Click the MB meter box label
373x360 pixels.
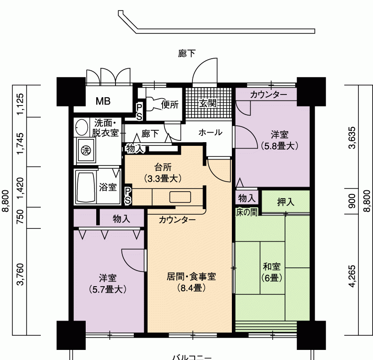tap(103, 101)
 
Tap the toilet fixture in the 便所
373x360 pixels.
tap(154, 104)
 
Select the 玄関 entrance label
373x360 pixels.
tap(208, 103)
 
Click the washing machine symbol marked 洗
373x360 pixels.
tap(86, 150)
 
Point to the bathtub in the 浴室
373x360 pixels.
tap(86, 187)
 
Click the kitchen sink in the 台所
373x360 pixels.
tap(180, 197)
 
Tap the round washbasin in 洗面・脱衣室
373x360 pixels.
tap(82, 127)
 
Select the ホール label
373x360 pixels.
tap(210, 133)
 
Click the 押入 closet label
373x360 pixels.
tap(285, 202)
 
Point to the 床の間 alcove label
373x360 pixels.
tap(247, 212)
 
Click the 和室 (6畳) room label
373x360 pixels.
tap(272, 272)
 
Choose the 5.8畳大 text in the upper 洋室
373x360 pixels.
tap(280, 146)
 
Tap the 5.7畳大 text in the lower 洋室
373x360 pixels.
tap(108, 289)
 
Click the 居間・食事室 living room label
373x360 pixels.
tap(191, 277)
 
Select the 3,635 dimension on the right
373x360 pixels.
tap(352, 138)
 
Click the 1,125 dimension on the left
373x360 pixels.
tap(21, 104)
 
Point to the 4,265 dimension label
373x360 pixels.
tap(352, 276)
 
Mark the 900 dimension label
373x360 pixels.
tap(352, 201)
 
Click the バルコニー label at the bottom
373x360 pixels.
tap(192, 357)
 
